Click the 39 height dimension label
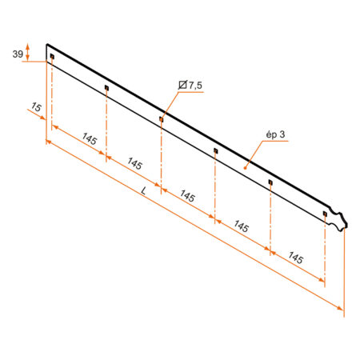[18, 54]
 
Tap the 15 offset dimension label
[36, 107]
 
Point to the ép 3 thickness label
[275, 134]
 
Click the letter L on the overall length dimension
[144, 190]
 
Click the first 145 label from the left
[90, 139]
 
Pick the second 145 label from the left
[134, 163]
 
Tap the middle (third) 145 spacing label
[187, 196]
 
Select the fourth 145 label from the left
[242, 226]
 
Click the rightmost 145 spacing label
[295, 258]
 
